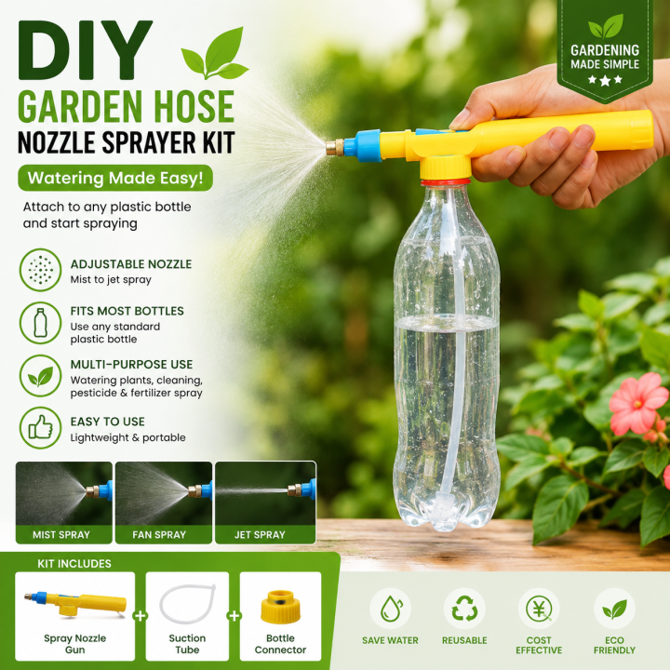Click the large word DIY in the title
(86, 50)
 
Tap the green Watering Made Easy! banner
(115, 178)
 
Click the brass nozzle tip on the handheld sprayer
(335, 147)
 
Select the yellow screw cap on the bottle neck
(445, 167)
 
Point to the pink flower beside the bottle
(636, 403)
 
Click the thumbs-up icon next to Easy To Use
(41, 428)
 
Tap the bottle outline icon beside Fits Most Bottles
(41, 323)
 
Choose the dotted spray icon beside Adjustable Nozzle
(41, 270)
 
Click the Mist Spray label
(61, 534)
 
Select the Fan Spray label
(159, 534)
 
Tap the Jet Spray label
(260, 534)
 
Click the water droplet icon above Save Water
(391, 609)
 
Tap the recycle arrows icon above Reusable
(464, 609)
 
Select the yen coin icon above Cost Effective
(539, 609)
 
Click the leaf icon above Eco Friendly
(614, 609)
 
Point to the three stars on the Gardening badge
(605, 80)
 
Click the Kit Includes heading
(74, 564)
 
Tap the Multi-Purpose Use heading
(131, 365)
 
